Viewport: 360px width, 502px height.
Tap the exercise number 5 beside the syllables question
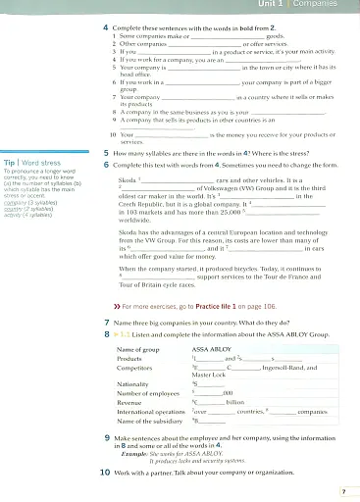pos(106,155)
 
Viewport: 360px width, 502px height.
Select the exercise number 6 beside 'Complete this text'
pos(106,165)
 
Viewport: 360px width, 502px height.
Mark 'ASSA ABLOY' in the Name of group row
pos(210,349)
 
